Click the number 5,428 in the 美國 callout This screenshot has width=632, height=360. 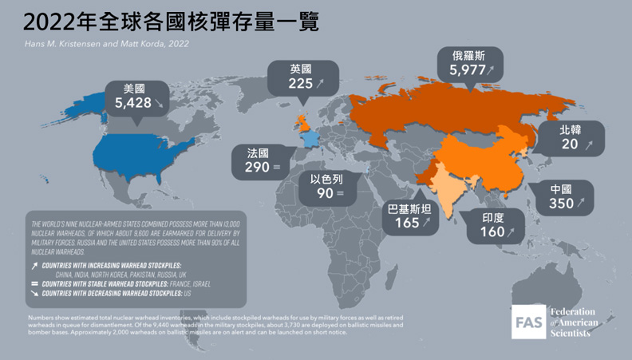(x=132, y=103)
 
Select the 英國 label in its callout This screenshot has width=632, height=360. (x=301, y=69)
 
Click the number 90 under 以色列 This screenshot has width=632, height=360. (x=325, y=193)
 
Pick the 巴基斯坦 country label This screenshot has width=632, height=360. (x=409, y=209)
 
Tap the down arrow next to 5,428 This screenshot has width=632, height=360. (x=159, y=104)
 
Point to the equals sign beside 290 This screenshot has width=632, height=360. (x=275, y=168)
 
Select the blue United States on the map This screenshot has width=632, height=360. (x=144, y=152)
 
